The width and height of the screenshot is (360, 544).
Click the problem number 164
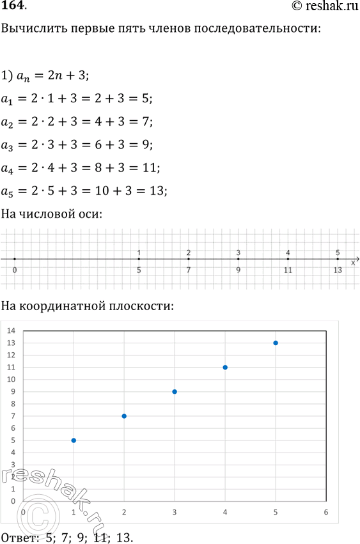[13, 7]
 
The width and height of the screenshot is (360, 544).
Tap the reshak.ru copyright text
[322, 7]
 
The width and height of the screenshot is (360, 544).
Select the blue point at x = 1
[74, 440]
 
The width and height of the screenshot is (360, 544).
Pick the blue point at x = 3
[175, 391]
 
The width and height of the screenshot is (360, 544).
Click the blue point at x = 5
[276, 343]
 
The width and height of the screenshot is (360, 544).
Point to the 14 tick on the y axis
[11, 330]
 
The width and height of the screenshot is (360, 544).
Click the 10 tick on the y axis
[11, 379]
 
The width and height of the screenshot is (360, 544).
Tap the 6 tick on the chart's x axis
[326, 512]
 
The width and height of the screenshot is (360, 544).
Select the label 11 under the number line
[288, 270]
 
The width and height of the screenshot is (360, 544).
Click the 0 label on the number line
[15, 270]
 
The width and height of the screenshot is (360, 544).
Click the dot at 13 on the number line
[338, 259]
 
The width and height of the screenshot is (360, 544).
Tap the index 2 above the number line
[189, 253]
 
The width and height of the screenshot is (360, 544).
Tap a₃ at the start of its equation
[8, 145]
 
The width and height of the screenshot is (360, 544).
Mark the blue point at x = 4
[225, 367]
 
